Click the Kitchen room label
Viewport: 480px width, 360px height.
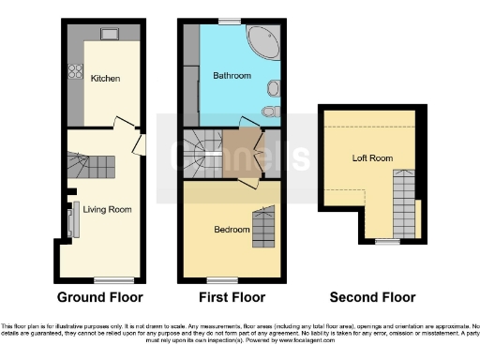click(105, 79)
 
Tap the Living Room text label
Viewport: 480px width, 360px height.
click(107, 209)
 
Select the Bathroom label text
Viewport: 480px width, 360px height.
click(231, 75)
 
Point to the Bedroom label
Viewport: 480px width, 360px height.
click(232, 229)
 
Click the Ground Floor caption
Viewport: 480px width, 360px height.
click(100, 298)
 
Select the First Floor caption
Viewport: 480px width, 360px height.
click(232, 298)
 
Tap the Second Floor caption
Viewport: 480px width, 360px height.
click(372, 298)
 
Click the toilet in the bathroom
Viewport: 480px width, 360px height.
click(270, 112)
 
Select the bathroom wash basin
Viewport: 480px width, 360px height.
click(272, 89)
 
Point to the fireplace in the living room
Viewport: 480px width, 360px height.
click(71, 221)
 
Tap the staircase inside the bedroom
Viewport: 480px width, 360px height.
click(265, 225)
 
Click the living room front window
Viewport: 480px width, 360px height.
click(112, 279)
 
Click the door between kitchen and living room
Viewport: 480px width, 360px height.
click(123, 123)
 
